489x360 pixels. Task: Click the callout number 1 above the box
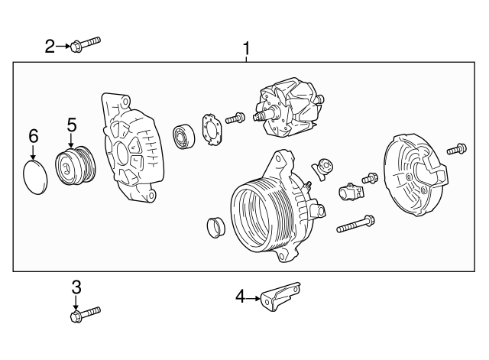(246, 50)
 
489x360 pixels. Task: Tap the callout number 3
(76, 287)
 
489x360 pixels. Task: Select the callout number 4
(240, 297)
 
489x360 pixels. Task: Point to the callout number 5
(72, 124)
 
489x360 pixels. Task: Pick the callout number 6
(33, 136)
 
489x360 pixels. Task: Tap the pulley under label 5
(75, 166)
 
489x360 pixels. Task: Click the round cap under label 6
(34, 177)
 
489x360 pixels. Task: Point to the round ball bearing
(186, 135)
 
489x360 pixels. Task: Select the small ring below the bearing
(216, 227)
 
